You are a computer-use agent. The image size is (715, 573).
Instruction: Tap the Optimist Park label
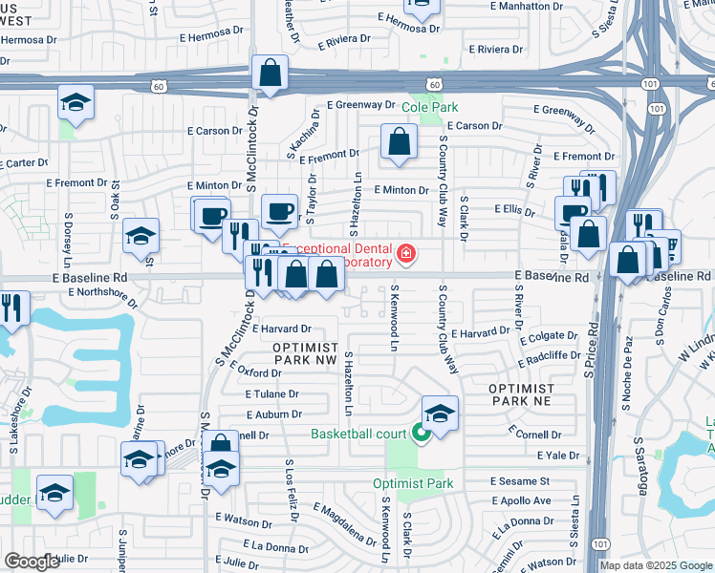(x=412, y=483)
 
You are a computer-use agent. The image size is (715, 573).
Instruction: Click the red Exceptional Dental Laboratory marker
(x=406, y=253)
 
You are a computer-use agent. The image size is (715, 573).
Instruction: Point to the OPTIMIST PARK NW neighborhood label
(x=305, y=353)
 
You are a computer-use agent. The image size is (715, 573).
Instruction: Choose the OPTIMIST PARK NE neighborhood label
(x=521, y=395)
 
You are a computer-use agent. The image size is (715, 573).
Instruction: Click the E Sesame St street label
(x=520, y=481)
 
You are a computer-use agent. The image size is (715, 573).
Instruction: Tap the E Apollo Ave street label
(x=521, y=500)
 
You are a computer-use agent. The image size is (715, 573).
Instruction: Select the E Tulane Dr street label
(x=273, y=393)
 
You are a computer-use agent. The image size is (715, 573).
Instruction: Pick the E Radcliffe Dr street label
(x=550, y=355)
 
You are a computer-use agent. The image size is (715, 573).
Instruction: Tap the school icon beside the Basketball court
(x=440, y=413)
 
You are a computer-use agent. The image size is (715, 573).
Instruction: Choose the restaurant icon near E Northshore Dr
(x=12, y=307)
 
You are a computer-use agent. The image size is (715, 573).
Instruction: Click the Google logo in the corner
(x=32, y=562)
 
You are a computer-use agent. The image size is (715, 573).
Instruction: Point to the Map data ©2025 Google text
(x=655, y=565)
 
